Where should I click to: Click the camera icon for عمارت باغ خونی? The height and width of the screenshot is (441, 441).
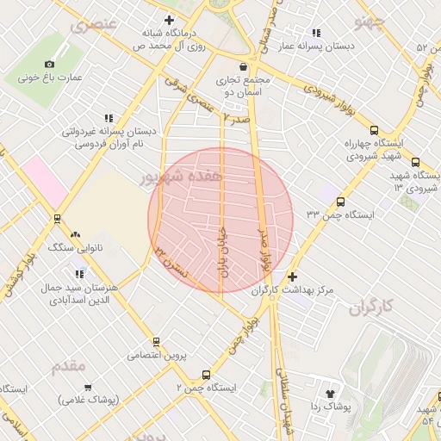coord(49,64)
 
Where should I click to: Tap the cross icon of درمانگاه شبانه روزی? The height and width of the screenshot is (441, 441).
coord(169,20)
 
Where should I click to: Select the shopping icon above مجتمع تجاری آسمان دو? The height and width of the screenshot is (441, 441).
coord(244,65)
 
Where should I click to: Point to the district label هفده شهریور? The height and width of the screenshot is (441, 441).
coord(181,177)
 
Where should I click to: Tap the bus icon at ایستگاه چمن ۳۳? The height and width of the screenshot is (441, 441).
coord(341,202)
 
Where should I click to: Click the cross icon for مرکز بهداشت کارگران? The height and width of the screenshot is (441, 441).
coord(292,276)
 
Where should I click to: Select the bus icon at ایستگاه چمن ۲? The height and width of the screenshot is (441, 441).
coord(205,375)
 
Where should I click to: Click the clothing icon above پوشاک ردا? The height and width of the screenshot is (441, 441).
coord(329,392)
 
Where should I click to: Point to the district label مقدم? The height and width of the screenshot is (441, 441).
coord(69,366)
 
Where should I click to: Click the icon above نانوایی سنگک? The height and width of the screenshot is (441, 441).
coord(75,234)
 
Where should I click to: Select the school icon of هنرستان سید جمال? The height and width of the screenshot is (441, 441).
coord(80,274)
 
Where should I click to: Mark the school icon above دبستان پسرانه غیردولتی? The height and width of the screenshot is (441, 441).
coord(108,118)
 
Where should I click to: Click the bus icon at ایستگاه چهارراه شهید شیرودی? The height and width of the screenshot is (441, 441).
coord(416,162)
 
